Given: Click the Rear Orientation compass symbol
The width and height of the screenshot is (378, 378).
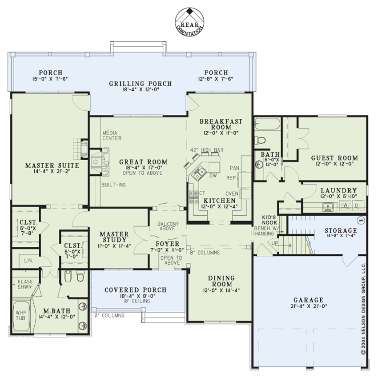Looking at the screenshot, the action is tap(189, 22).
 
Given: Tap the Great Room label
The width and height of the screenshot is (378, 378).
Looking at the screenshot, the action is tap(144, 162).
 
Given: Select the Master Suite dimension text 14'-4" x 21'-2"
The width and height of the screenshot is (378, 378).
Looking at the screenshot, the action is tap(52, 171).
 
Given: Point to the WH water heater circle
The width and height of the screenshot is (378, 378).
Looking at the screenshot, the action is tap(361, 220).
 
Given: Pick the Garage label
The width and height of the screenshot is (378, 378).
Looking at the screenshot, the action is tap(308, 300).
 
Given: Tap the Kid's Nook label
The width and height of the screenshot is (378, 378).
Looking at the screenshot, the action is tap(269, 220).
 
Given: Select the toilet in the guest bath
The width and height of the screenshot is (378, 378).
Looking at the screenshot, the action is tap(260, 140).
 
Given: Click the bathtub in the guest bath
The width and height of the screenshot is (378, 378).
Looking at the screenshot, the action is tap(268, 124).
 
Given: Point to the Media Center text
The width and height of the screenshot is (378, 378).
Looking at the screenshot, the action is tap(112, 136).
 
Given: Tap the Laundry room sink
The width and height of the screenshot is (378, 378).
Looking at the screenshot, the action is tap(328, 207).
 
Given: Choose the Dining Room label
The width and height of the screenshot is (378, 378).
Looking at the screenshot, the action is tap(221, 281).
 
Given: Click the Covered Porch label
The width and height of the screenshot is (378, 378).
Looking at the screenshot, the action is tap(136, 290).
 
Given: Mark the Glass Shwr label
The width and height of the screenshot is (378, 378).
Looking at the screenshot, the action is tap(25, 284).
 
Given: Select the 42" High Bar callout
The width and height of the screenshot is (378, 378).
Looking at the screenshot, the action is tap(207, 150).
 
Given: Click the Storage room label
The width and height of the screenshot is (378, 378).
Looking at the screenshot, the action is tap(341, 230).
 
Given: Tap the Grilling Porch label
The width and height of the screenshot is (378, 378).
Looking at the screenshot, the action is tap(140, 84).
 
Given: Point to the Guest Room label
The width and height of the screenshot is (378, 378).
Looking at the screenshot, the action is tap(334, 158).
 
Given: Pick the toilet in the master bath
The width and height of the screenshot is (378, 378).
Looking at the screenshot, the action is tap(80, 276).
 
